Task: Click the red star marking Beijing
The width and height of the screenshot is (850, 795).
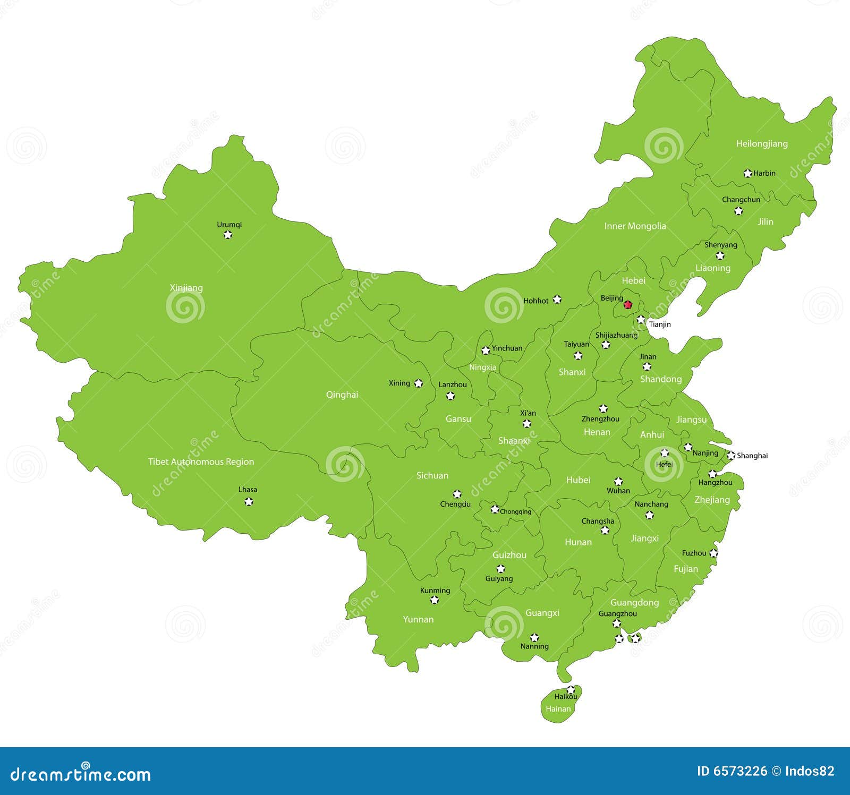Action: pyautogui.click(x=628, y=305)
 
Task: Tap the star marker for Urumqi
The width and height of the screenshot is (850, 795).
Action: pyautogui.click(x=228, y=234)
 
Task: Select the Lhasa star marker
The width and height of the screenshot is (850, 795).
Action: pyautogui.click(x=248, y=501)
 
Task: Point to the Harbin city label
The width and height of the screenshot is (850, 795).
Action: pyautogui.click(x=764, y=173)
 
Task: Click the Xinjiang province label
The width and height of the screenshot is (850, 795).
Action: pyautogui.click(x=186, y=288)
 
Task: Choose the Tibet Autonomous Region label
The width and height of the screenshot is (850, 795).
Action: pyautogui.click(x=201, y=461)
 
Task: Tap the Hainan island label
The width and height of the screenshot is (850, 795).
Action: pyautogui.click(x=558, y=708)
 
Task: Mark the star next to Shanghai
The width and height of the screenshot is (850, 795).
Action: pyautogui.click(x=731, y=455)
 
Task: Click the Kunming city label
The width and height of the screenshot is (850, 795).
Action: pyautogui.click(x=435, y=590)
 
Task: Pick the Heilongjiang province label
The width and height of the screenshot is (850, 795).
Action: pyautogui.click(x=761, y=143)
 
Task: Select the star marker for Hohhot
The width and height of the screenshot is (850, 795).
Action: pyautogui.click(x=557, y=299)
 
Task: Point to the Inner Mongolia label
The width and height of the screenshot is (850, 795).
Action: pyautogui.click(x=635, y=226)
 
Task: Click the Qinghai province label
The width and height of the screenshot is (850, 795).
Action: pyautogui.click(x=342, y=395)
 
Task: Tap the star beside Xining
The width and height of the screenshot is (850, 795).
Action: pyautogui.click(x=419, y=383)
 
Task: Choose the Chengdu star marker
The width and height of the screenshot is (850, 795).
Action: pyautogui.click(x=457, y=494)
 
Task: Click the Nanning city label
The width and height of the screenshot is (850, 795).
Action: pyautogui.click(x=534, y=646)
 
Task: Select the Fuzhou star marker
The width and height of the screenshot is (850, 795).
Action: pyautogui.click(x=713, y=553)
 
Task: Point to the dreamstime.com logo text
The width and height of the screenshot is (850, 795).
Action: pyautogui.click(x=81, y=775)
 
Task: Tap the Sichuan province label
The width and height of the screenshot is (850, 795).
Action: pyautogui.click(x=432, y=475)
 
